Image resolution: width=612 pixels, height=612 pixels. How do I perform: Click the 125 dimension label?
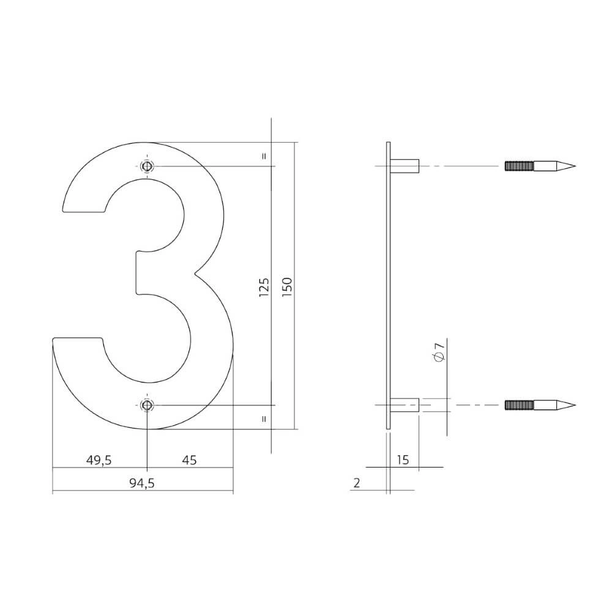(264, 287)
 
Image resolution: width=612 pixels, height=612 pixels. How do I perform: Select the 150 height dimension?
(288, 287)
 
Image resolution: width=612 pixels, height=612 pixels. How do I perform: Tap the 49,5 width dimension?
(98, 460)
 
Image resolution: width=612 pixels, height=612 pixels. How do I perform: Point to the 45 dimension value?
(190, 460)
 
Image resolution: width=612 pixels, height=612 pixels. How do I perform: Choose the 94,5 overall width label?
(141, 483)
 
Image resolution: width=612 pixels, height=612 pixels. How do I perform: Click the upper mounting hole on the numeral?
(146, 166)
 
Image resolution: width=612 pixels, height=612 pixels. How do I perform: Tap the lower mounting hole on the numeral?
(146, 405)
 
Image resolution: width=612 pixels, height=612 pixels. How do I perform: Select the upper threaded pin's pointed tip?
(569, 166)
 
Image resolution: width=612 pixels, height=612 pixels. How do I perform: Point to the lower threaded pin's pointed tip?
(569, 405)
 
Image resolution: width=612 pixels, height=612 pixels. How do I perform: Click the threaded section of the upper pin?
(519, 166)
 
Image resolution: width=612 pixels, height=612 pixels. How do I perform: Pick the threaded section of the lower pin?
(519, 405)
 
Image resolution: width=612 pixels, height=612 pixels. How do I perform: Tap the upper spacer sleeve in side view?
(405, 166)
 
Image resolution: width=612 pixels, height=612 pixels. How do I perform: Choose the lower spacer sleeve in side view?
(405, 405)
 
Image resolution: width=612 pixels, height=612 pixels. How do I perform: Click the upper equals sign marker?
(264, 155)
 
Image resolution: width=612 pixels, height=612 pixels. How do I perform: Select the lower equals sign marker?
(264, 419)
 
